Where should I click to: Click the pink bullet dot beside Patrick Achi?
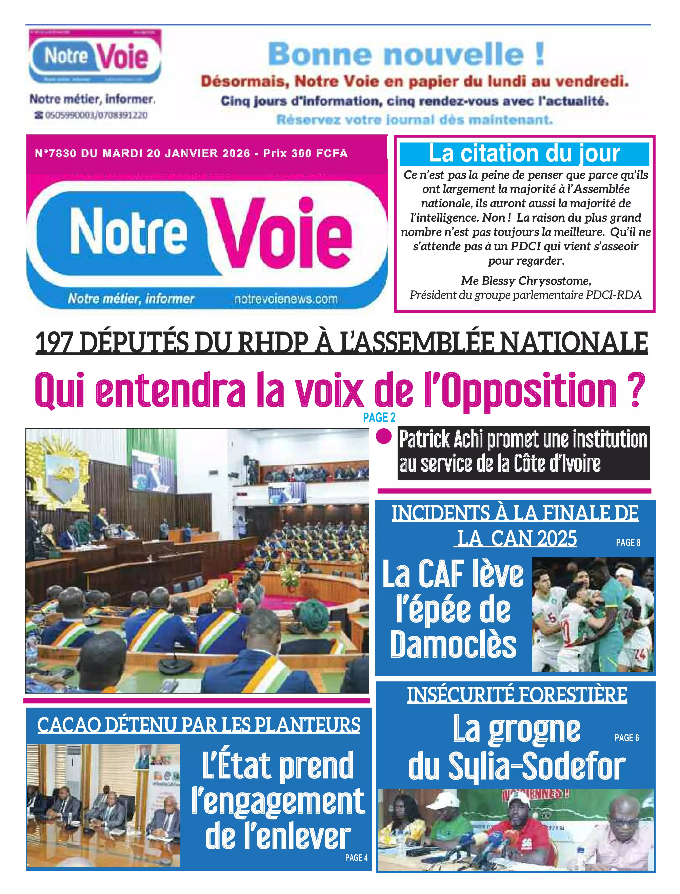[384, 437]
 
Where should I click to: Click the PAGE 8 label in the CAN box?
[628, 543]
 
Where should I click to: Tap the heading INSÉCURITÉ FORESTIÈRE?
[517, 694]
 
